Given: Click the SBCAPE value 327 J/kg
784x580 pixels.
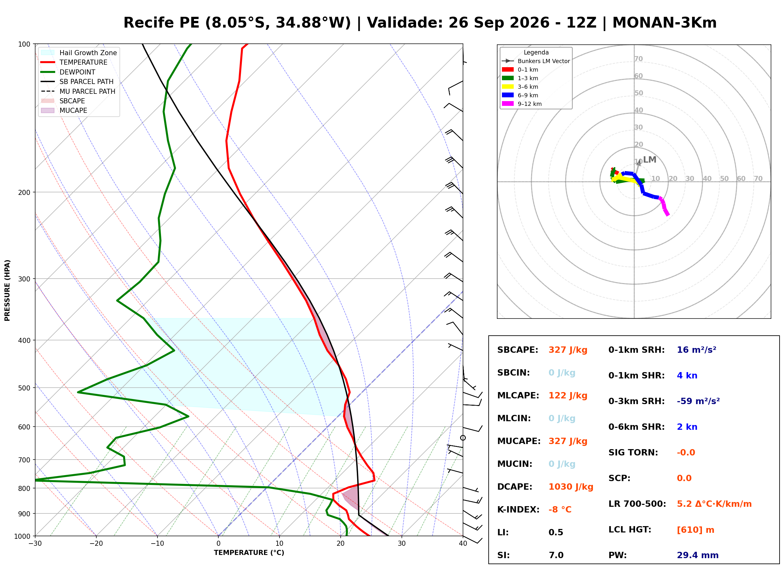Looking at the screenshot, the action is [x=568, y=350].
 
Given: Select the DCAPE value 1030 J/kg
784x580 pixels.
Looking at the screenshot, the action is [x=571, y=487].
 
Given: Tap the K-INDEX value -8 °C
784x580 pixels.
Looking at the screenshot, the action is [x=560, y=510].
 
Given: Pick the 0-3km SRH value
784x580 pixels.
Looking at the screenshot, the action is [x=698, y=401].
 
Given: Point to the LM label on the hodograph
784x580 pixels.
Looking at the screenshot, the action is [x=650, y=160].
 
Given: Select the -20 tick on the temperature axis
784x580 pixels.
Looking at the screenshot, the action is [x=96, y=544].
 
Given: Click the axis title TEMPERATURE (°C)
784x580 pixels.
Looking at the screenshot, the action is [x=249, y=553].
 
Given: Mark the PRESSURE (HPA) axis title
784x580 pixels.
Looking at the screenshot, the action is [x=7, y=290].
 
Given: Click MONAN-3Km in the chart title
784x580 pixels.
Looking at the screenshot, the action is [x=664, y=23].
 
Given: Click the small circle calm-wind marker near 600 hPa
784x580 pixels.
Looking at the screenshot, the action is [x=463, y=438].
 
